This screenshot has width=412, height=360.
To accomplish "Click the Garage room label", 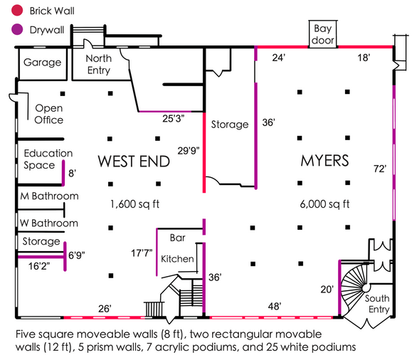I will (x=42, y=63).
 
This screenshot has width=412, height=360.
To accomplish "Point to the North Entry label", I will (x=98, y=63).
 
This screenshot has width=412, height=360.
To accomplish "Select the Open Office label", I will (x=48, y=114).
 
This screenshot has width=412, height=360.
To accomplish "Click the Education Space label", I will (x=48, y=159).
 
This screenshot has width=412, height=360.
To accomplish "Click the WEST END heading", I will (x=134, y=161).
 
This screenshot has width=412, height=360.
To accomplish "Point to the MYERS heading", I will (x=324, y=161).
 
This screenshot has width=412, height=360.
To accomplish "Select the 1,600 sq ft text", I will (x=134, y=204).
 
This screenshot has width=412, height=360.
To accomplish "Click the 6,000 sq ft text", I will (x=324, y=204).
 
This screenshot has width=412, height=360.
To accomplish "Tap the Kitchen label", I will (x=177, y=258).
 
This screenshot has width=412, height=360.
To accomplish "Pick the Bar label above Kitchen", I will (x=177, y=237).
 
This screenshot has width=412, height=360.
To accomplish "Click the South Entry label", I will (x=377, y=304).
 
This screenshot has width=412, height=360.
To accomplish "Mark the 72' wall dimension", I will (x=380, y=169).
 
